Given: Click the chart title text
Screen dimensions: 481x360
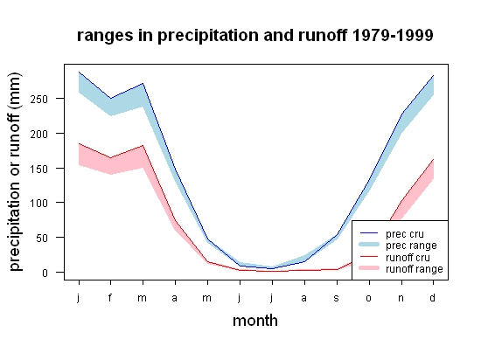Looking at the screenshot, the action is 254,36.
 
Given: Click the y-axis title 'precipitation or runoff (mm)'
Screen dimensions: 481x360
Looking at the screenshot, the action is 15,172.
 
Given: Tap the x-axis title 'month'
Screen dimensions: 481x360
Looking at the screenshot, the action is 255,321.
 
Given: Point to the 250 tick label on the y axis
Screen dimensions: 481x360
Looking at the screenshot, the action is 39,100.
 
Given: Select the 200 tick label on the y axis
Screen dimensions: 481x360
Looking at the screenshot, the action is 39,134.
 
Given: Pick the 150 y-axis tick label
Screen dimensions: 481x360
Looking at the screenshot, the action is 39,169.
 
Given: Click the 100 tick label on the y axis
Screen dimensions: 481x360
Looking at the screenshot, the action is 39,203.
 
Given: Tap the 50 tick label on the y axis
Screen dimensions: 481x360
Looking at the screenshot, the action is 42,238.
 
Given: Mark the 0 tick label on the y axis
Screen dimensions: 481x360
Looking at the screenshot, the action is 45,273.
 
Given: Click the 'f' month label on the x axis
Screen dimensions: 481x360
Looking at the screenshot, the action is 110,297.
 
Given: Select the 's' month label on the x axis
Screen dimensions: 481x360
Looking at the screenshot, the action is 336,298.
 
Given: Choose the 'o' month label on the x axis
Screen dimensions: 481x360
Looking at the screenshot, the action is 369,298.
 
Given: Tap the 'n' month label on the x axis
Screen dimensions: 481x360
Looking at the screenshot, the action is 401,298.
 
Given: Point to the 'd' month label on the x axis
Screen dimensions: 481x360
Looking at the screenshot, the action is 432,297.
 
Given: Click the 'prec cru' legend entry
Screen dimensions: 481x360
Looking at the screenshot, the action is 392,234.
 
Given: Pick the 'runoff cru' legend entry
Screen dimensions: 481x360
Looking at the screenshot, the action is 394,258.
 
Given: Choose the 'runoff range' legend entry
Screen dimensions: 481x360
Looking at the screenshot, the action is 401,269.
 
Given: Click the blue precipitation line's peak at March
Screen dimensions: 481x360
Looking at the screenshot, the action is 143,83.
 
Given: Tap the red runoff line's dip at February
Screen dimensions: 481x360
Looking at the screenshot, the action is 110,158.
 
